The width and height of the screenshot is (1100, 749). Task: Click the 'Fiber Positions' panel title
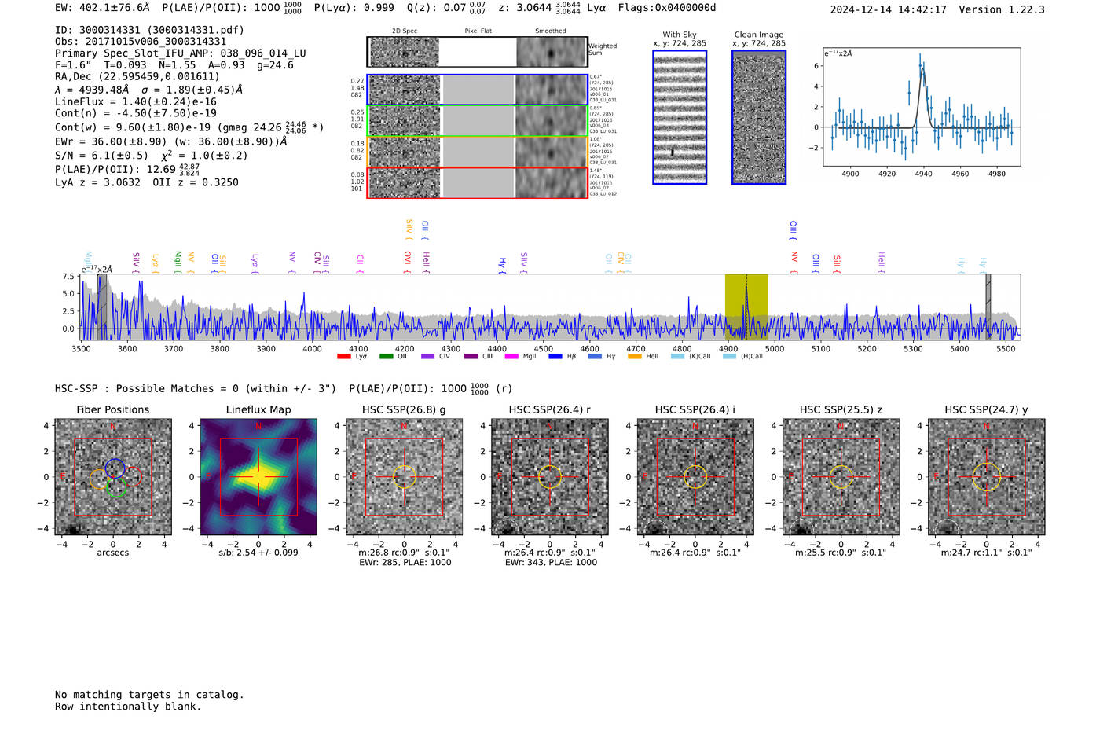[112, 409]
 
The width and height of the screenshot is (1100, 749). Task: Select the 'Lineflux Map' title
[258, 409]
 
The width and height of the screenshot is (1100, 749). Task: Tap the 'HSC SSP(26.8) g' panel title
[404, 409]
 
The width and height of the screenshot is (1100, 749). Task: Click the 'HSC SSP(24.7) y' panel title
[986, 409]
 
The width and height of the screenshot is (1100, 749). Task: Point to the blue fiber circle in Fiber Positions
[115, 468]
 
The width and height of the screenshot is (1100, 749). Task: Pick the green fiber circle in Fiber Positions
[116, 487]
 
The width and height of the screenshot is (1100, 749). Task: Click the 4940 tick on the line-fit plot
[923, 174]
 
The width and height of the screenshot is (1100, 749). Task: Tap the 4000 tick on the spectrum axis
[313, 348]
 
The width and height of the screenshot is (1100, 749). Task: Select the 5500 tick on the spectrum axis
[1006, 348]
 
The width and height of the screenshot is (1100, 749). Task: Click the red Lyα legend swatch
[343, 357]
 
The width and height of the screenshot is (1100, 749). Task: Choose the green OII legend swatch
[386, 357]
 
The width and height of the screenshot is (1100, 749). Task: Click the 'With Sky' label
[680, 35]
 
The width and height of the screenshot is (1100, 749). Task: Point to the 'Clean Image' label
[759, 35]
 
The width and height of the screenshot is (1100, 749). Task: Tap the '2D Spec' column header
[405, 31]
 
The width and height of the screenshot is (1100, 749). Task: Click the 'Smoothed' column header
[550, 31]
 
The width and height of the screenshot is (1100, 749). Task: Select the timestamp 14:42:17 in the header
[919, 9]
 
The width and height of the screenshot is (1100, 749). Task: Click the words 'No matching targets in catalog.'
[149, 695]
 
